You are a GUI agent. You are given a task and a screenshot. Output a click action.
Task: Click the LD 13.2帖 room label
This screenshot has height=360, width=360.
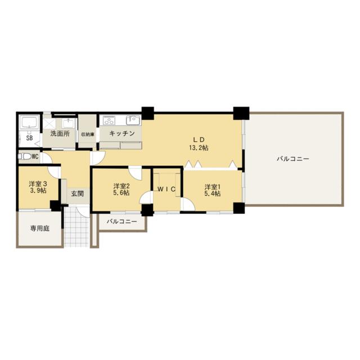pos(199,144)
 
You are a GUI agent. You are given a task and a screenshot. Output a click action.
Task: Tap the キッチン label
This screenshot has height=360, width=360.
pos(121,133)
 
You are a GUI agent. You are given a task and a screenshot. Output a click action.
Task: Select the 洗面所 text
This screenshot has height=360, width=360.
pos(60,133)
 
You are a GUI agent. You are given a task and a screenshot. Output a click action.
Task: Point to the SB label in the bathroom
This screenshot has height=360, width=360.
pos(29,138)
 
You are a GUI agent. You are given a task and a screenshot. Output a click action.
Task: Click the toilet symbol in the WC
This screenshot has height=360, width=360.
pos(25,156)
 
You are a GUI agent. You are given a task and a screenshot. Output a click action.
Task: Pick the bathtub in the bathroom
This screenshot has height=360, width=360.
pos(29,122)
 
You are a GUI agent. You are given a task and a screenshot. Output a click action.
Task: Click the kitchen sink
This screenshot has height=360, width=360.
pos(133,120)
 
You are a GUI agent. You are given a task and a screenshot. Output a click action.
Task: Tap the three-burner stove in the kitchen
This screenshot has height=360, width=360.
pos(109,120)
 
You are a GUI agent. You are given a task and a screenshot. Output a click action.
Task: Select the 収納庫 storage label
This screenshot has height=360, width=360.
pos(88,134)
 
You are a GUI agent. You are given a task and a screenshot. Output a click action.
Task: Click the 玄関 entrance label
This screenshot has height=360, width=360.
pos(77,194)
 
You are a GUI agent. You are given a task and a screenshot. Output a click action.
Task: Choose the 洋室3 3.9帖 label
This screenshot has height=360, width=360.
pos(38,187)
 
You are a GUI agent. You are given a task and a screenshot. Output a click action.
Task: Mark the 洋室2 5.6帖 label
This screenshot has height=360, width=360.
pos(121,189)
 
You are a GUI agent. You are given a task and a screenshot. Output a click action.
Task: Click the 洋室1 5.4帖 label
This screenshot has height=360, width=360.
pos(213,190)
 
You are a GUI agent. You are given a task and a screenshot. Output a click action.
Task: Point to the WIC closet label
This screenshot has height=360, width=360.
pos(166,189)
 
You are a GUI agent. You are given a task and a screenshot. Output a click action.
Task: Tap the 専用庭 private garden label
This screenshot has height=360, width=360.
pos(40,228)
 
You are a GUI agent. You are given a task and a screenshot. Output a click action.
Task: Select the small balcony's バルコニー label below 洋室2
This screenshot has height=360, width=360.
pos(122,222)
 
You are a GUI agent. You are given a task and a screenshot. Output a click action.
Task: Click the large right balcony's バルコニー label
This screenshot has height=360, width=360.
pos(293,159)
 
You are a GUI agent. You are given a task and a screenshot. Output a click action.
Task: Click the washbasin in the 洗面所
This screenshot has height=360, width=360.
pos(68,124)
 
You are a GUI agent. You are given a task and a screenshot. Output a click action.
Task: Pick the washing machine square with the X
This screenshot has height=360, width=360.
pos(49,124)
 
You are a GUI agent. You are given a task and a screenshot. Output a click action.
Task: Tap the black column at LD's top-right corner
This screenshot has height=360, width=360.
pos(241,113)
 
